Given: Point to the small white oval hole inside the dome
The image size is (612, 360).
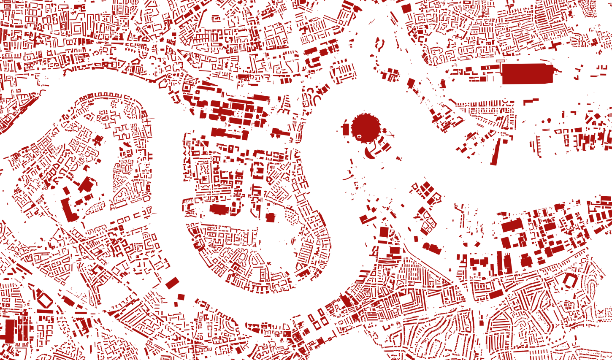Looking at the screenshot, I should click(x=359, y=136).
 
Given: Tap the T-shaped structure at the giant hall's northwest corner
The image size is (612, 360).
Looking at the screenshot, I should click(x=501, y=64).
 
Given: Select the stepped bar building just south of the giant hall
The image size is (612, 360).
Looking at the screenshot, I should click(x=531, y=101).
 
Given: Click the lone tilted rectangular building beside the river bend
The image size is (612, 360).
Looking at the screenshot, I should click(x=172, y=283).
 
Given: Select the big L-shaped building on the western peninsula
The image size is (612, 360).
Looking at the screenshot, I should click(x=69, y=208).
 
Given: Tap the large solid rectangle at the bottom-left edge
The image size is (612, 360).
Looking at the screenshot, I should click(x=9, y=331).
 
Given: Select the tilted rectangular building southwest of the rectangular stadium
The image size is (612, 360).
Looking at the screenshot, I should click(x=496, y=294).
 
